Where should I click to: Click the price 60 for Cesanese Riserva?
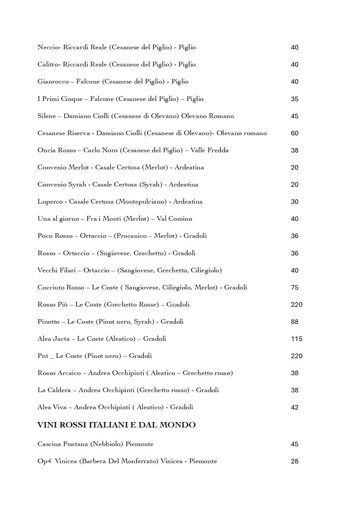point(294,133)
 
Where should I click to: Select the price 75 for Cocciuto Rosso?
point(294,288)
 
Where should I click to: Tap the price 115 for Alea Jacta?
point(296,339)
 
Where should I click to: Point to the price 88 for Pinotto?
point(294,322)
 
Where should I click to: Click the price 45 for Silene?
point(294,116)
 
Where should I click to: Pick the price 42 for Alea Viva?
point(294,408)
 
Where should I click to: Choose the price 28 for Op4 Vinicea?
point(294,461)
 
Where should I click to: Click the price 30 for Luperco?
point(294,202)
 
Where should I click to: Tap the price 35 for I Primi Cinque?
point(294,99)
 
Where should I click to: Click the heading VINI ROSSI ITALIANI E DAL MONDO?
point(116,425)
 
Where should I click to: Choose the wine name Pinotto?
point(49,322)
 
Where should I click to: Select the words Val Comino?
point(175,219)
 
